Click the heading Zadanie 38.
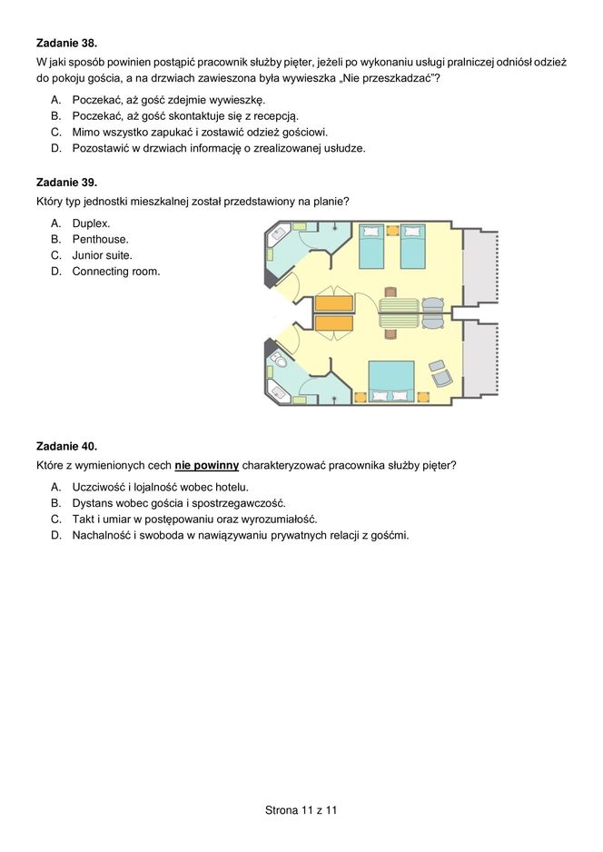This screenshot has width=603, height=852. click(66, 43)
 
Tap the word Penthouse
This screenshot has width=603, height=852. click(100, 239)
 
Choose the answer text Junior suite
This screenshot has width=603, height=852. click(102, 255)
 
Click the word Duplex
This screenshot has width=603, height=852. click(91, 223)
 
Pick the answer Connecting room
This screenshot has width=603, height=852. click(115, 272)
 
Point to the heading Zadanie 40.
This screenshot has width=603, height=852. click(66, 446)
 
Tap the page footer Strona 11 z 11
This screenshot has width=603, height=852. click(301, 808)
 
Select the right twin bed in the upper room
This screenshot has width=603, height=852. click(413, 245)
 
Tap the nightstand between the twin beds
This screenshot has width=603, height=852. click(392, 231)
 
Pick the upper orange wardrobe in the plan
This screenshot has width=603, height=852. click(333, 302)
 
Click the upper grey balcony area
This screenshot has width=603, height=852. click(480, 269)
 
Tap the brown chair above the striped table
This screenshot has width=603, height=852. click(390, 292)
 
